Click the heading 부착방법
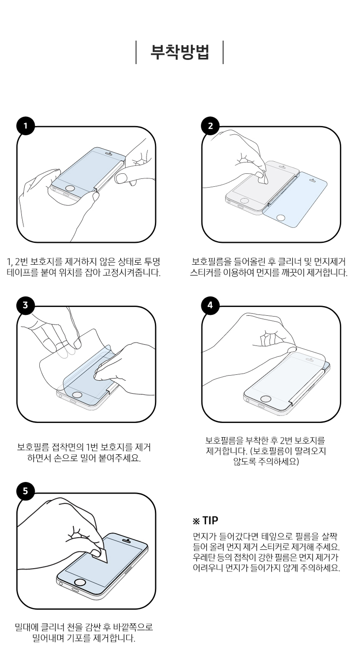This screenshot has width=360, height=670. (x=180, y=52)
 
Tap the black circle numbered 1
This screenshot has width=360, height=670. (x=26, y=126)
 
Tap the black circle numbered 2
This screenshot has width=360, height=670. (x=210, y=126)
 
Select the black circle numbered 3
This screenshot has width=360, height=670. (x=26, y=305)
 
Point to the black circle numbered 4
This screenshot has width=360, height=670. (x=210, y=305)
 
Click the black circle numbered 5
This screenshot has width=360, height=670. (x=26, y=491)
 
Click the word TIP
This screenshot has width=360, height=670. (x=210, y=521)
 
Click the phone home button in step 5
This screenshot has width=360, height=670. (x=80, y=582)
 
